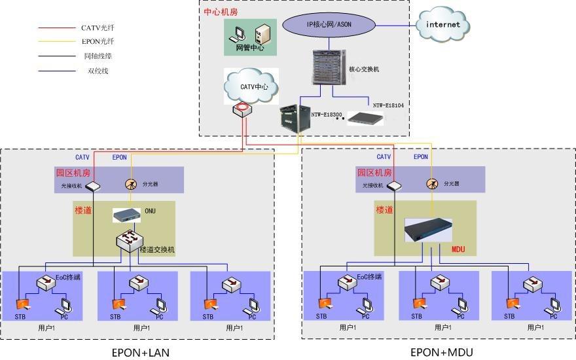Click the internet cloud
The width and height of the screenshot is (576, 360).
443,25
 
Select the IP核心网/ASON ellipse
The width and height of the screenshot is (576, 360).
329,24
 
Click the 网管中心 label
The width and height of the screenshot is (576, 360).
249,48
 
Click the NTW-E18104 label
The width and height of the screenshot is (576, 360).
389,105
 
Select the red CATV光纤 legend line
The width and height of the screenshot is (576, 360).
58,28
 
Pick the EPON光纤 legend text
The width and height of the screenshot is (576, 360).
98,42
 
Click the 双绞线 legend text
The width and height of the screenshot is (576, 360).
98,70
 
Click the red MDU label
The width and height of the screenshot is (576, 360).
459,249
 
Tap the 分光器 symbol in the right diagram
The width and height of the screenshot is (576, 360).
432,184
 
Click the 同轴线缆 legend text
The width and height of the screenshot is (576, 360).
98,56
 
